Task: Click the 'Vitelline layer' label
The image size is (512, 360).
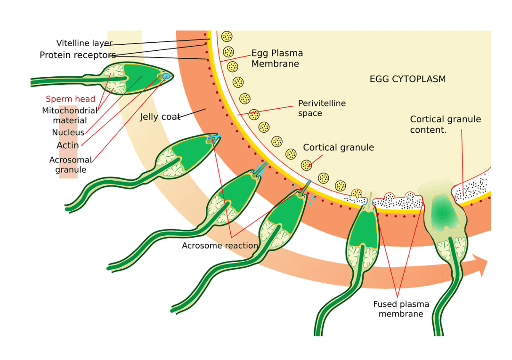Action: click(x=84, y=43)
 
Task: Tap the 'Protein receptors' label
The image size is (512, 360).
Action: click(x=77, y=56)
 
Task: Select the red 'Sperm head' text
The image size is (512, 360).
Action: click(x=71, y=99)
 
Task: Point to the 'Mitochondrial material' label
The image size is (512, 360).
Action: click(x=70, y=115)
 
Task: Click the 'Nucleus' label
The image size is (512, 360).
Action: click(x=68, y=132)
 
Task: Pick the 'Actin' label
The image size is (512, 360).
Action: click(x=68, y=145)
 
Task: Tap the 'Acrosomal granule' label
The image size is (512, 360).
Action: click(x=70, y=165)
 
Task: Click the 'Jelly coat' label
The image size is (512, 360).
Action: click(x=160, y=117)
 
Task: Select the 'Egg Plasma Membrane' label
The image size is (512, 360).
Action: click(x=277, y=58)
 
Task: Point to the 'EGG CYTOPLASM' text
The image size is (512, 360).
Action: click(x=407, y=79)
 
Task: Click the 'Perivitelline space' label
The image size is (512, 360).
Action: click(x=322, y=108)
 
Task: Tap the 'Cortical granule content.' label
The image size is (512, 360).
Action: click(x=445, y=124)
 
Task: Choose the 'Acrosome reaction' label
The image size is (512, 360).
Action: click(x=220, y=245)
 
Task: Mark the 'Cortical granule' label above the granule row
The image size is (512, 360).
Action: click(x=338, y=147)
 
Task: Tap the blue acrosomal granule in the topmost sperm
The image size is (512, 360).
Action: click(x=166, y=76)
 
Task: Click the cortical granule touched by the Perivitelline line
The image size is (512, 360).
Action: click(x=254, y=114)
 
